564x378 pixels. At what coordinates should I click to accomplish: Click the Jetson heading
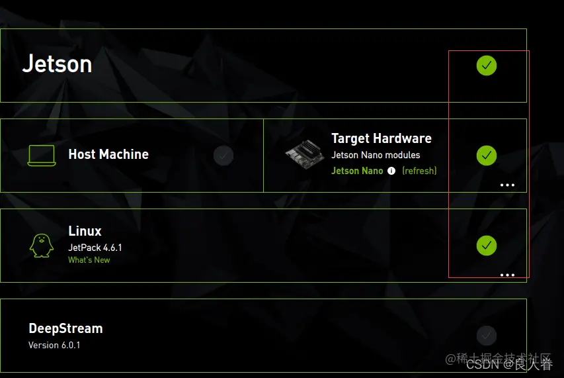coord(57,64)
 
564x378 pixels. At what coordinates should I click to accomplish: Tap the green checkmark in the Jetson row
coord(487,66)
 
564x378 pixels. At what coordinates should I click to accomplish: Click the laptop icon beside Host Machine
coord(42,156)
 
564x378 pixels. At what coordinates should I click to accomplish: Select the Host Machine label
coord(108,154)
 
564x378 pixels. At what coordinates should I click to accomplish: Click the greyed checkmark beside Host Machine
coord(223,156)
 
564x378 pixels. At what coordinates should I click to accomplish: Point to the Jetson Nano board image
coord(305,156)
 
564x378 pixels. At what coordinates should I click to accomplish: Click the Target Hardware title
coord(382,138)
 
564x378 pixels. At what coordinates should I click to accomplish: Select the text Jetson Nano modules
coord(376,155)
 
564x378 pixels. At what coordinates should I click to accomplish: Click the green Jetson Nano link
coord(357,171)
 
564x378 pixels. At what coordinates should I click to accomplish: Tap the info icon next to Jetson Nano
coord(391,171)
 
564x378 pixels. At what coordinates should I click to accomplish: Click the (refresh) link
coord(419,171)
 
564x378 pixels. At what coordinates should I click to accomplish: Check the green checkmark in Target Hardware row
coord(487,156)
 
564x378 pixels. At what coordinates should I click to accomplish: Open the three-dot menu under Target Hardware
coord(507,185)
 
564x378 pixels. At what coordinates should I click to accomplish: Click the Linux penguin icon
coord(41,246)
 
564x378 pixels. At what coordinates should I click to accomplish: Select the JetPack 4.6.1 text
coord(95,248)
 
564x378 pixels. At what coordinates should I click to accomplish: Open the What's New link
coord(89,260)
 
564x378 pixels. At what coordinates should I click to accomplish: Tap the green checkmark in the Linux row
coord(487,246)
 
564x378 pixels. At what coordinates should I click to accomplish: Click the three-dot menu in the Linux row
coord(507,275)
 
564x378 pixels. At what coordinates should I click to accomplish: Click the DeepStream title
coord(65,328)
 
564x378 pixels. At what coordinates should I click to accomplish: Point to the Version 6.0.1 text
coord(54,345)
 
